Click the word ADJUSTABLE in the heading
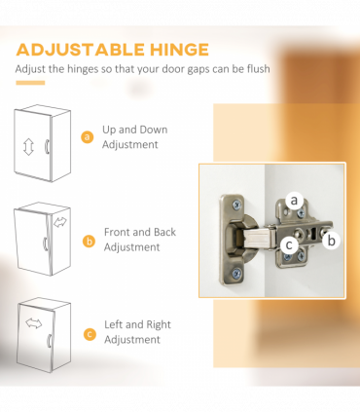point(81,50)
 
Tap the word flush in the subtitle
point(258,69)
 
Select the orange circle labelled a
point(87,136)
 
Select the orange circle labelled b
point(89,242)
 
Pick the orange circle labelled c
point(90,334)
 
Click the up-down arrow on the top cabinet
point(28,147)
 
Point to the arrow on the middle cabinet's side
point(60,222)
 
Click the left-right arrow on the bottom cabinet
point(34,323)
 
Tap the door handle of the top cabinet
point(47,146)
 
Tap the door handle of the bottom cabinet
point(50,341)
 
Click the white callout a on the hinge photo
point(294,200)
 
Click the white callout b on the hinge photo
point(331,241)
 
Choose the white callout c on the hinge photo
point(289,244)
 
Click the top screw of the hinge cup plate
point(236,205)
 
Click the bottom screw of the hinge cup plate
point(236,273)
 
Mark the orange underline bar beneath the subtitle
point(30,83)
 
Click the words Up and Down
point(135,130)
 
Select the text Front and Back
point(140,232)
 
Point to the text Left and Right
point(137,324)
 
